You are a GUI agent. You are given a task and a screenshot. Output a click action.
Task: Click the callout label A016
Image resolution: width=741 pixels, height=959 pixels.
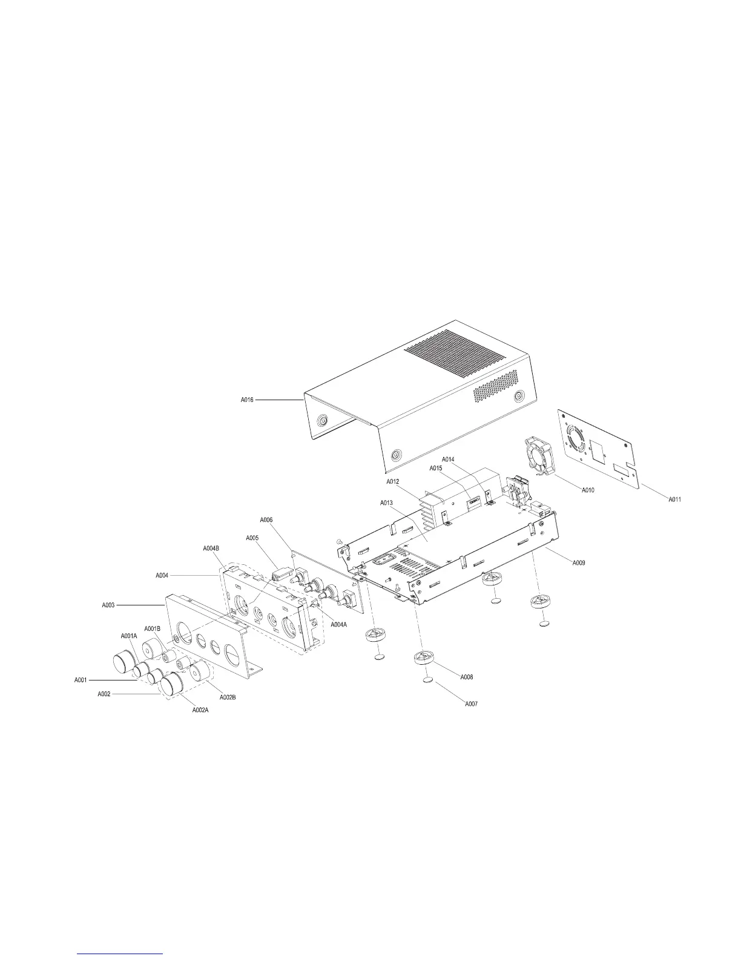click(x=247, y=400)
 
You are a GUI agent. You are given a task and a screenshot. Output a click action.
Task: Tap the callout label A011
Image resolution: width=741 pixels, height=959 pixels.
click(x=676, y=499)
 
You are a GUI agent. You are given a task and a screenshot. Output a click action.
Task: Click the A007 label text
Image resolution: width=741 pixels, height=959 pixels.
click(x=472, y=704)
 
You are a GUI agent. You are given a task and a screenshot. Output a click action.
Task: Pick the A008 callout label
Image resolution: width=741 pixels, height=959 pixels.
click(x=467, y=677)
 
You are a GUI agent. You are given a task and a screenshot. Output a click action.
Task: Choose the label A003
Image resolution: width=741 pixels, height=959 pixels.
click(x=109, y=605)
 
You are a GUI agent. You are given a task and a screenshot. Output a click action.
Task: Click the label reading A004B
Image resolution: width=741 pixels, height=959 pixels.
click(x=211, y=549)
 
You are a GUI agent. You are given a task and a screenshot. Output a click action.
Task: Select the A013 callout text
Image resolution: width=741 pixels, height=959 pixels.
click(x=387, y=503)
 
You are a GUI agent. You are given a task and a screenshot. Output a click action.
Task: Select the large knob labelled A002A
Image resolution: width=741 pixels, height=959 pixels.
click(x=174, y=685)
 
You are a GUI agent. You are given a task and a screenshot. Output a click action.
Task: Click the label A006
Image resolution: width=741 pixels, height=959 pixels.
click(x=266, y=519)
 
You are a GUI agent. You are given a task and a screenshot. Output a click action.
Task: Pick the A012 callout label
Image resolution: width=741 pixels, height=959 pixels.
click(x=393, y=481)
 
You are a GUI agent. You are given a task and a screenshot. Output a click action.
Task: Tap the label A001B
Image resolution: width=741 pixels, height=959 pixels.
click(x=152, y=628)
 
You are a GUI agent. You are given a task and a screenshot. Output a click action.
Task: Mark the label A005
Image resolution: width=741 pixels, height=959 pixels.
click(x=252, y=538)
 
